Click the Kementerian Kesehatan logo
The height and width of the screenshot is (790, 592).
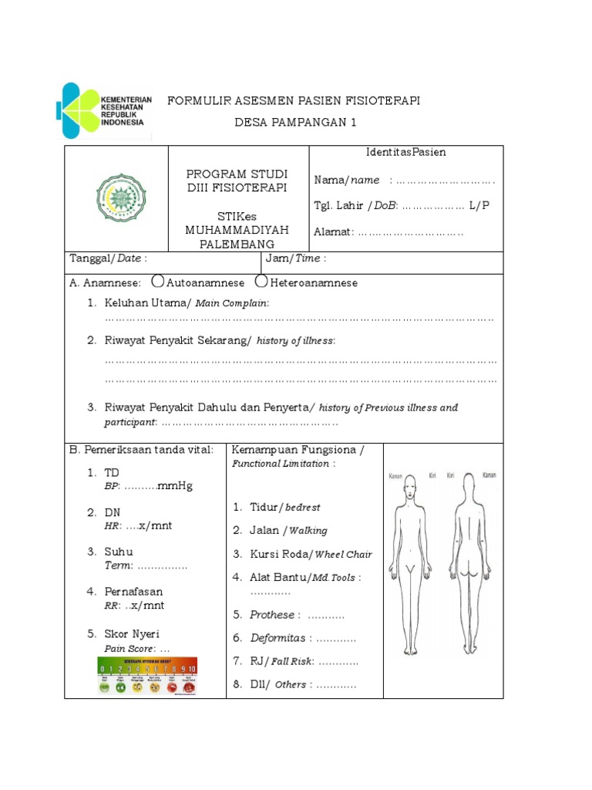point(104,110)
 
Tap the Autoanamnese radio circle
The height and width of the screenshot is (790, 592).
point(158,282)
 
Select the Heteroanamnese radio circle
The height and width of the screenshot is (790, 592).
point(262,282)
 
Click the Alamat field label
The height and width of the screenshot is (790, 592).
point(333,231)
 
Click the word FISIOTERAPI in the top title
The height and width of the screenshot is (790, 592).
point(383,101)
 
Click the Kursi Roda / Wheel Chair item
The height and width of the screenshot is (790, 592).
point(311,554)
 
